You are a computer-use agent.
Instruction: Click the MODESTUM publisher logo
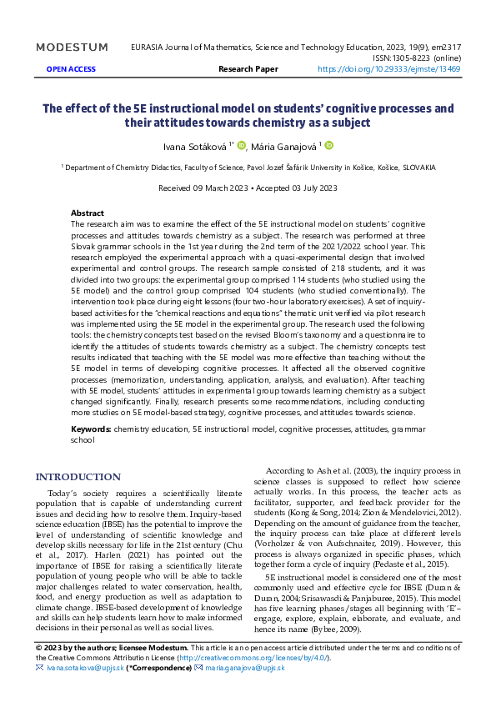(72, 48)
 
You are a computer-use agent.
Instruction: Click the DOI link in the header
(389, 69)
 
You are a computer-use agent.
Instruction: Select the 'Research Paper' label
(247, 69)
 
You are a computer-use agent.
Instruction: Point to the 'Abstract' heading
(88, 213)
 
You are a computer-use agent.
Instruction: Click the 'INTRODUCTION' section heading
(78, 477)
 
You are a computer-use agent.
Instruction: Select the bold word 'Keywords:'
(91, 429)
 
